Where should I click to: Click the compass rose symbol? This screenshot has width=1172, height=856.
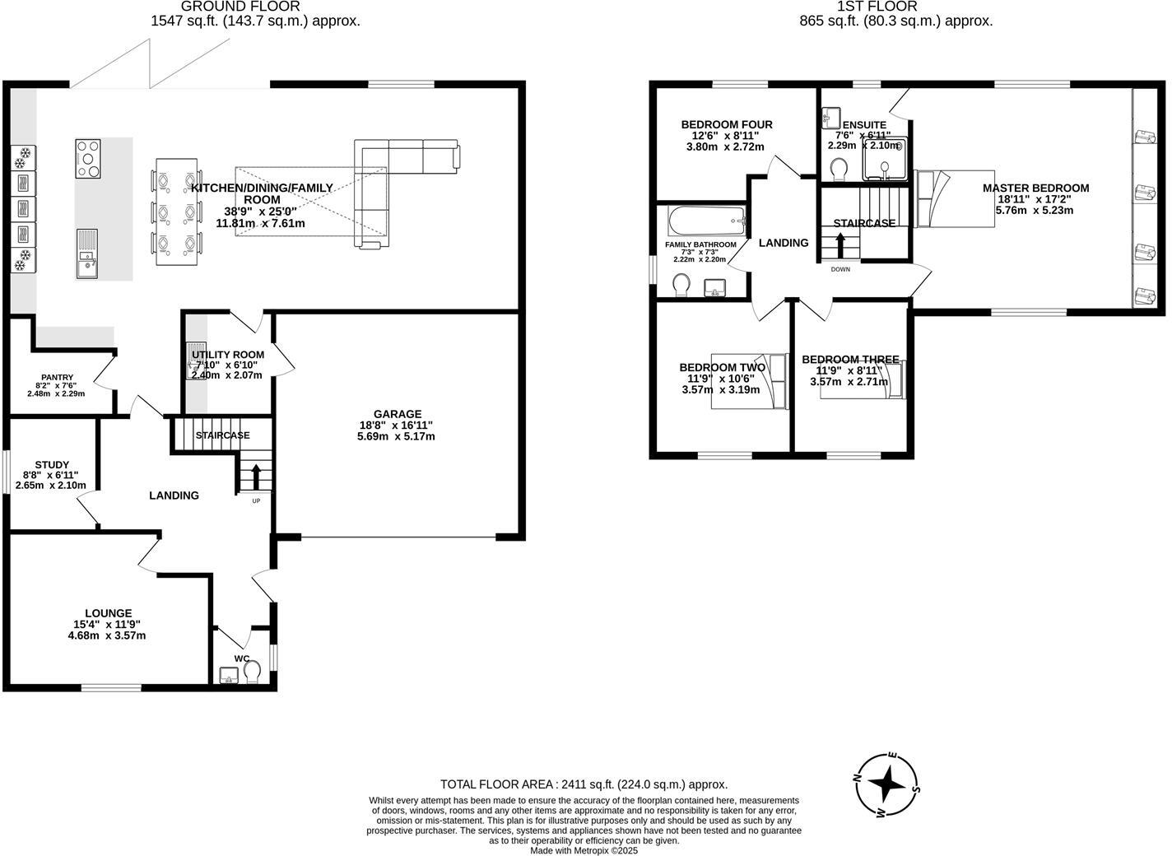[x=886, y=784]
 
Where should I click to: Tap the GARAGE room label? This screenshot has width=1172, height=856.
[x=397, y=414]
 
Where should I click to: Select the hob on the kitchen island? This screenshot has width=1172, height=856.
[x=88, y=158]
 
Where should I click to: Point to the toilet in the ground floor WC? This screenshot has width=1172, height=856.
[x=252, y=672]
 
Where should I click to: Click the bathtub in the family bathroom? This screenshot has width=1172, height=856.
[x=707, y=221]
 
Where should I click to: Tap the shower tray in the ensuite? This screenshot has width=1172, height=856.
[x=884, y=160]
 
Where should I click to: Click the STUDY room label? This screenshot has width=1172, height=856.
[x=52, y=465]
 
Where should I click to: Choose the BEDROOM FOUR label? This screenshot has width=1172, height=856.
[x=726, y=125]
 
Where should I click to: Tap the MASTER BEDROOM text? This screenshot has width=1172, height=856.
[x=1035, y=188]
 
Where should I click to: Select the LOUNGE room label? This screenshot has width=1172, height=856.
[x=108, y=613]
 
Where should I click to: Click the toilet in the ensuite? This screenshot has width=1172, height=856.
[x=840, y=170]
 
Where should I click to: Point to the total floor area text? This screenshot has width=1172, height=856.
[x=584, y=784]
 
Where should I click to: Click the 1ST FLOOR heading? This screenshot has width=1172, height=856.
[x=896, y=7]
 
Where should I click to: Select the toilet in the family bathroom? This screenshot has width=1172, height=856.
[x=681, y=286]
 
